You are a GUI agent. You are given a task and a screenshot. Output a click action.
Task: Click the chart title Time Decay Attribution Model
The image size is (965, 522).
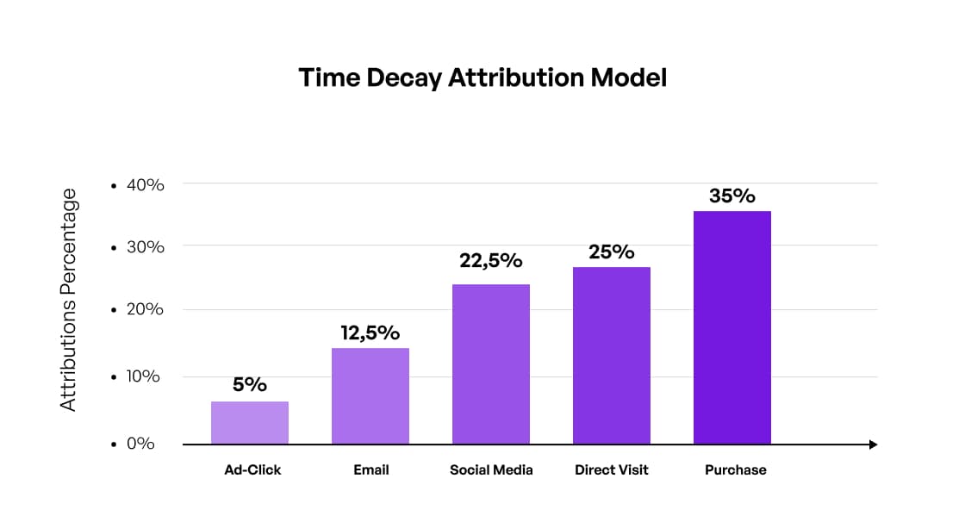pyautogui.click(x=482, y=78)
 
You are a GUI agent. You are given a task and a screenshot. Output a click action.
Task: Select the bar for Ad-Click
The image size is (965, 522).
pyautogui.click(x=250, y=422)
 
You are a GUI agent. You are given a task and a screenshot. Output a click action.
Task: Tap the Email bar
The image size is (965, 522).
pyautogui.click(x=370, y=395)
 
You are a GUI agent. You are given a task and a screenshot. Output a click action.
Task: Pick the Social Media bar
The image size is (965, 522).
pyautogui.click(x=491, y=364)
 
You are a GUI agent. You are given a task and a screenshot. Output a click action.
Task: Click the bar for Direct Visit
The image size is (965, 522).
pyautogui.click(x=612, y=355)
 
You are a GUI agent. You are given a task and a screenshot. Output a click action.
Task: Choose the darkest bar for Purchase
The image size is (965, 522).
pyautogui.click(x=732, y=327)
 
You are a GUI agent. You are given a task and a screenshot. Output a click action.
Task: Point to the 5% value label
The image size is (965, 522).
pyautogui.click(x=250, y=384)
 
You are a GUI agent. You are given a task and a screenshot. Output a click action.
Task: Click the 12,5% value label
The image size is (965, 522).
pyautogui.click(x=370, y=332)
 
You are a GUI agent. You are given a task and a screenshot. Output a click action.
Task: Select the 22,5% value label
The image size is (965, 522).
pyautogui.click(x=491, y=260)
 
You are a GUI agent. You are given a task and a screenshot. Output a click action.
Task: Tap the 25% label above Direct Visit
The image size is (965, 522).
pyautogui.click(x=612, y=252)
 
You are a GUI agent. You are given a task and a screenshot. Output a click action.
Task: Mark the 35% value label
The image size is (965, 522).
pyautogui.click(x=732, y=196)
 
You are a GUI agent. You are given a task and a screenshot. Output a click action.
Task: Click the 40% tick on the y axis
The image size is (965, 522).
pyautogui.click(x=144, y=184)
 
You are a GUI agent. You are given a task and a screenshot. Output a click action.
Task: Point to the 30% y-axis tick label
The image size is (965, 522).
pyautogui.click(x=144, y=247)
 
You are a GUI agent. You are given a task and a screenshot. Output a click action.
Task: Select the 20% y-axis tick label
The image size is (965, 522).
pyautogui.click(x=144, y=310)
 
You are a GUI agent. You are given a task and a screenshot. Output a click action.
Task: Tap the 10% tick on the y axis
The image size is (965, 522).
pyautogui.click(x=144, y=376)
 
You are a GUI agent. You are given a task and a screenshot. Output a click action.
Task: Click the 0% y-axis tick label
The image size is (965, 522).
pyautogui.click(x=140, y=444)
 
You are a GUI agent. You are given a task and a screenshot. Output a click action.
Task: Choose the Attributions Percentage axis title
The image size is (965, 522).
pyautogui.click(x=69, y=300)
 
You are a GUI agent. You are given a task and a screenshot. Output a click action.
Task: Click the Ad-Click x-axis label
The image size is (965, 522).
pyautogui.click(x=252, y=470)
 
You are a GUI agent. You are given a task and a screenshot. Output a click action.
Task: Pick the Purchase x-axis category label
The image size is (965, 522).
pyautogui.click(x=735, y=470)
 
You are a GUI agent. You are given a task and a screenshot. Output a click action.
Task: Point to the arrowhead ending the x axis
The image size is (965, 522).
pyautogui.click(x=873, y=444)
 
